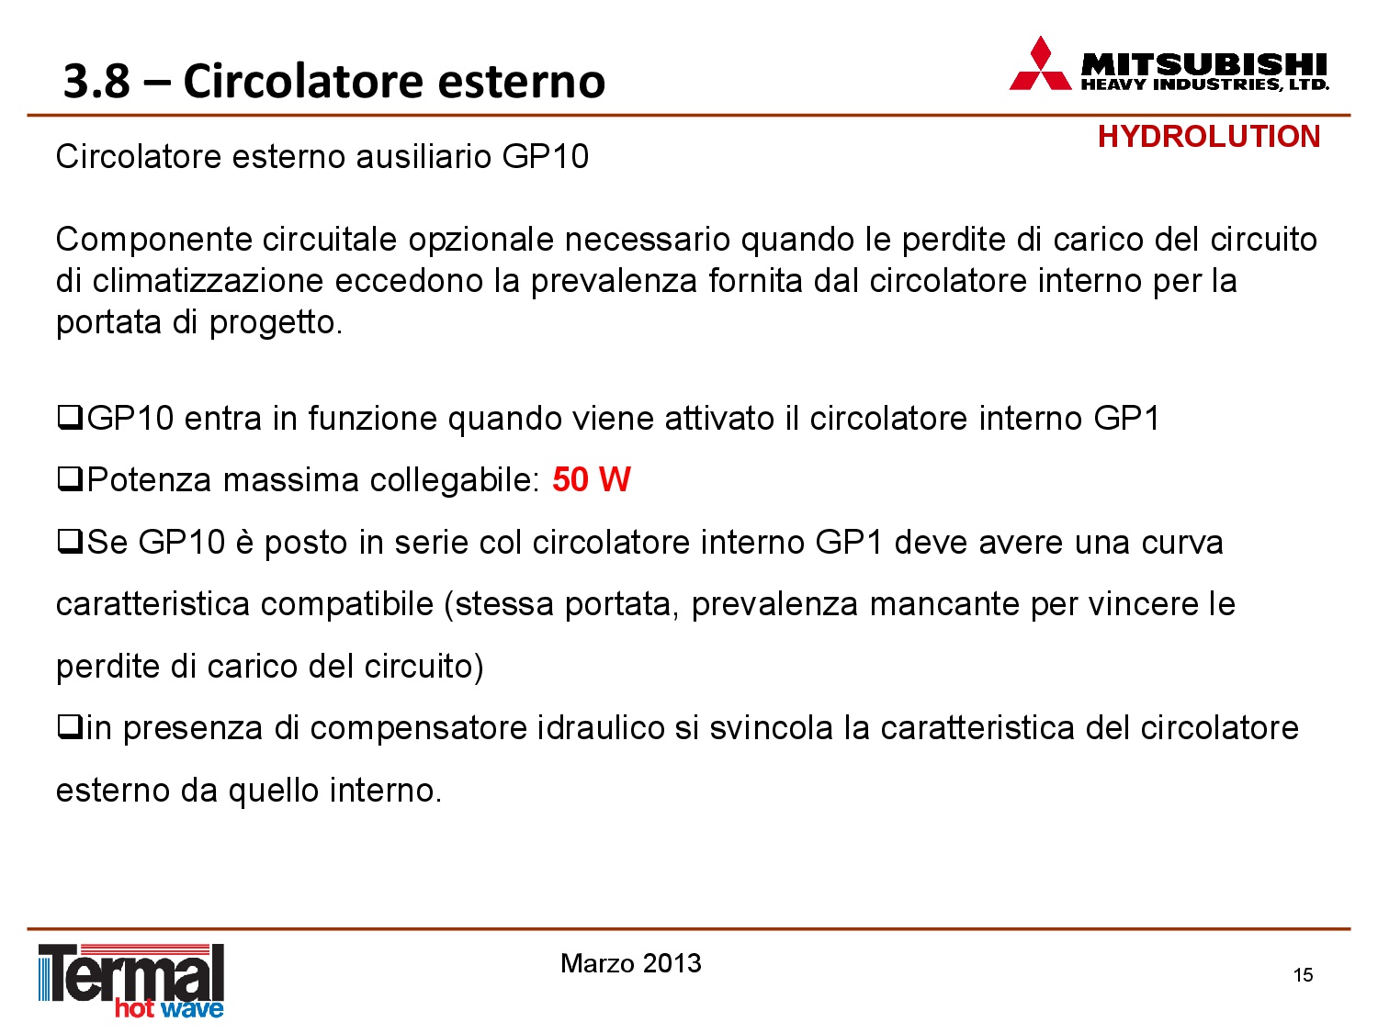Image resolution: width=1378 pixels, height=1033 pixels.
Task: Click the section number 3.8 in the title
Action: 96,81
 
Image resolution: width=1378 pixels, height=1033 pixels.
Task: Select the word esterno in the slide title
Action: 521,81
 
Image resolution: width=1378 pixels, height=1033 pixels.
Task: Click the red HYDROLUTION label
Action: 1209,137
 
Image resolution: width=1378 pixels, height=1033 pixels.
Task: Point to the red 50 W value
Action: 592,480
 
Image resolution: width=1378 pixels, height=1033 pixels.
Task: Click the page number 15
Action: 1303,975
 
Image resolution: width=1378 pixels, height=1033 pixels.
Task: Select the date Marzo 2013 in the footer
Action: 630,963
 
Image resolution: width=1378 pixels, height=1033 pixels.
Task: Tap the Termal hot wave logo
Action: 131,981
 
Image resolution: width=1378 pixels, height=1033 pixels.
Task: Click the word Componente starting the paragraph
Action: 153,241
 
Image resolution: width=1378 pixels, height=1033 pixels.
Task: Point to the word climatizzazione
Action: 208,281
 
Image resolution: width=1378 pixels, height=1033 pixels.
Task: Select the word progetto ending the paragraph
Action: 276,324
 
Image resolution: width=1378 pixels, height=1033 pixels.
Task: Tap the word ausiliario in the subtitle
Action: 424,156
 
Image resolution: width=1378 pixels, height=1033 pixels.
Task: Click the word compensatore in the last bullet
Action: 418,729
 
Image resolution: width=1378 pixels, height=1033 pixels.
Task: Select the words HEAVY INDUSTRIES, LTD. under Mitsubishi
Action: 1204,84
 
